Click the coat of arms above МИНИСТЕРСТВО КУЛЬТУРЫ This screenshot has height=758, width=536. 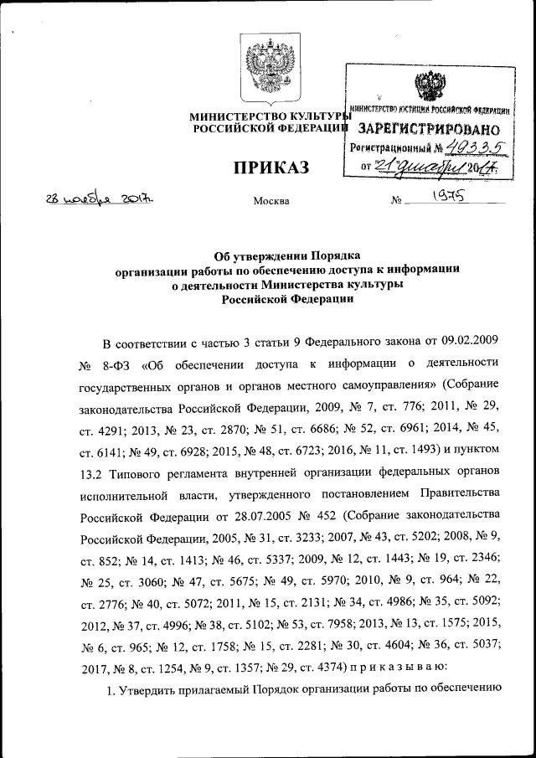tap(267, 70)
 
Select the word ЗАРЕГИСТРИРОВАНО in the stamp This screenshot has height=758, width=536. tap(429, 130)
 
